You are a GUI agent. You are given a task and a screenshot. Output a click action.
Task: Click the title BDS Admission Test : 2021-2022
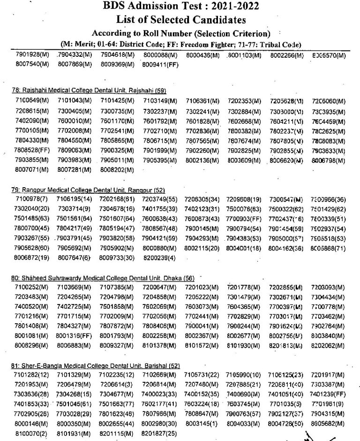[180, 7]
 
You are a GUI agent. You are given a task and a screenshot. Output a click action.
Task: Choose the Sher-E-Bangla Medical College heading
[95, 365]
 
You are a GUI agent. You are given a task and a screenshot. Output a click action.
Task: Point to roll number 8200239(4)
[159, 258]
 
